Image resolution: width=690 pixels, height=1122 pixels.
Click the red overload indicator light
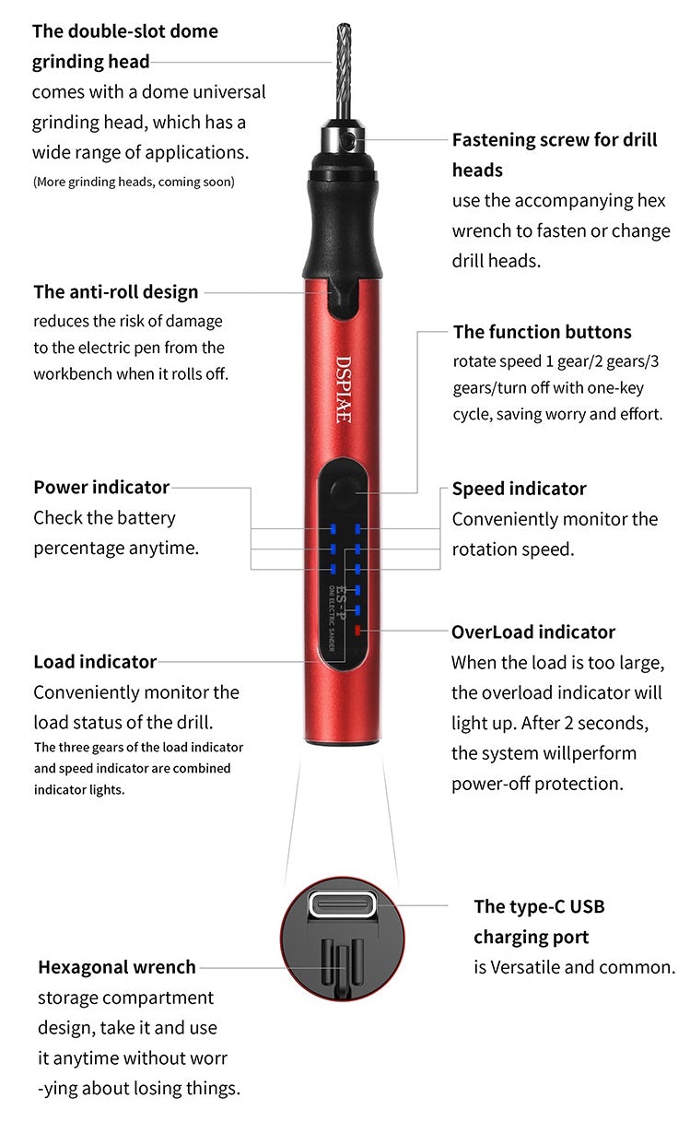[x=357, y=630]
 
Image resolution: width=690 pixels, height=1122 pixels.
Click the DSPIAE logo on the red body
[x=343, y=389]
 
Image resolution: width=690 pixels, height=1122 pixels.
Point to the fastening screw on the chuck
[x=350, y=140]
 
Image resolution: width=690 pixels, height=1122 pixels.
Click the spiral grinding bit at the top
[x=344, y=71]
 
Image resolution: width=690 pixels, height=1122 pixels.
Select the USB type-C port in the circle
[x=343, y=905]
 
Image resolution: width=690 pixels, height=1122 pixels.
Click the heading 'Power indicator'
[x=101, y=487]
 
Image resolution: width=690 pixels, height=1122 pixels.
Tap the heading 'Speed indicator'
[x=519, y=489]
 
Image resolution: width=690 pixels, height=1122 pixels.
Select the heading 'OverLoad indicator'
[x=533, y=632]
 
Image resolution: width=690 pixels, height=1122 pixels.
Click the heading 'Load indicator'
[x=95, y=662]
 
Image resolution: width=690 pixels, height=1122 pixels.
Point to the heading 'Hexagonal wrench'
[x=117, y=967]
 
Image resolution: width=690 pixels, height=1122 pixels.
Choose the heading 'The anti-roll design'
[x=116, y=291]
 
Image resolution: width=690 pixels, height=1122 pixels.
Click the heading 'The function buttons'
[x=543, y=332]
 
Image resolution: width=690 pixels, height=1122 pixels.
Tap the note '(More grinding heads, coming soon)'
[x=134, y=182]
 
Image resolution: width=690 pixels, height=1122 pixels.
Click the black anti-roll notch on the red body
[x=344, y=300]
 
